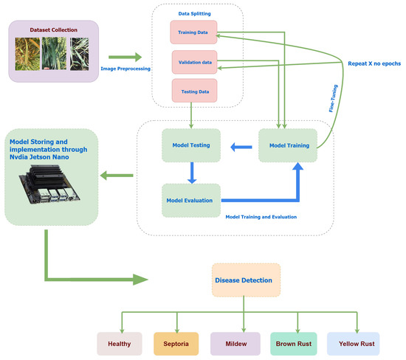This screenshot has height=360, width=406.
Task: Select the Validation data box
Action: click(196, 62)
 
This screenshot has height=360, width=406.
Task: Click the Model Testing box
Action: click(190, 145)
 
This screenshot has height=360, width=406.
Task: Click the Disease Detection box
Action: click(246, 280)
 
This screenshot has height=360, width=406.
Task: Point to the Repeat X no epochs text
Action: click(375, 64)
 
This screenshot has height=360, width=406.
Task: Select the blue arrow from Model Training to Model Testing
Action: click(239, 146)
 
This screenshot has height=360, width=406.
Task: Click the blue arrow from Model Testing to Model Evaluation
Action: click(190, 173)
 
